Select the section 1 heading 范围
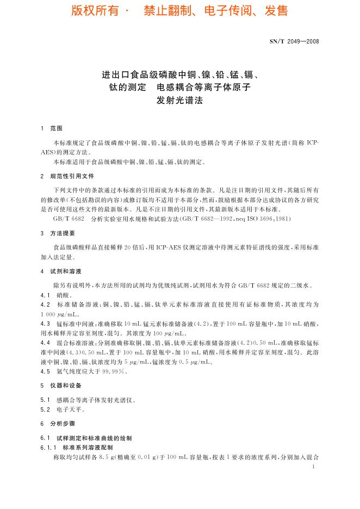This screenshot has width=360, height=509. [x=57, y=128]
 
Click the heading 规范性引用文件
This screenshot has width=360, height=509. [x=72, y=177]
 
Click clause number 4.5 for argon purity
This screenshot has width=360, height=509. [x=45, y=371]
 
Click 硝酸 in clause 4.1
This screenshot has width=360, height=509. [x=64, y=295]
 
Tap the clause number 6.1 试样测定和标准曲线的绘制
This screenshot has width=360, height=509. [x=45, y=438]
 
